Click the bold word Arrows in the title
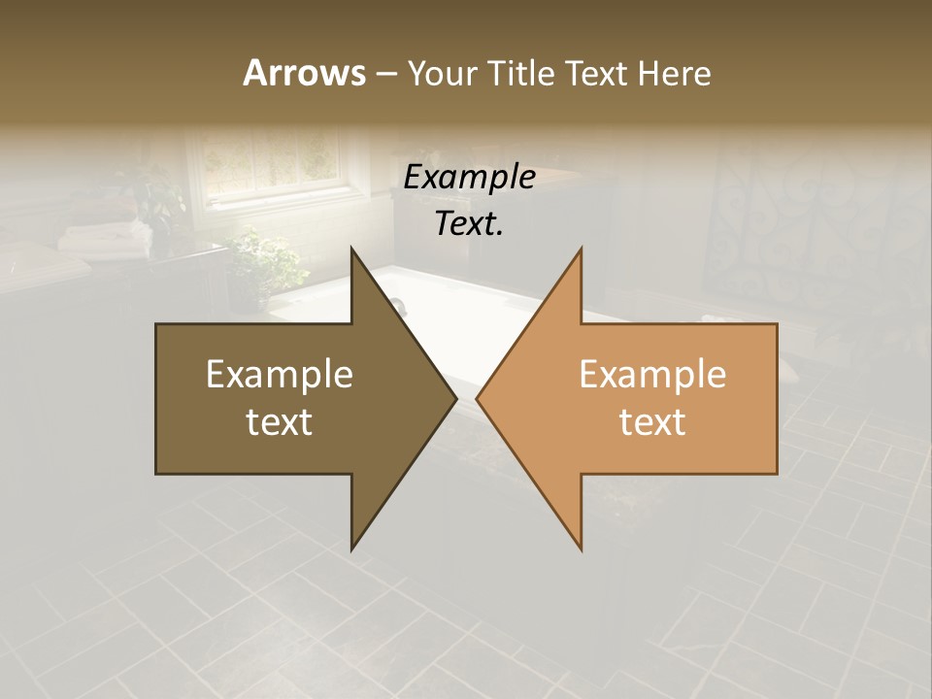(303, 73)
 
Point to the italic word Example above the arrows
(469, 178)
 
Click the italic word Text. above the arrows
(469, 224)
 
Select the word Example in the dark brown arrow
(280, 374)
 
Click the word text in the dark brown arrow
(280, 421)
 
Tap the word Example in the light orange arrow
(652, 374)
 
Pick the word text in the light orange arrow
(652, 421)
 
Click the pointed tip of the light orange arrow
(478, 398)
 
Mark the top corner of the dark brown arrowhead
(352, 250)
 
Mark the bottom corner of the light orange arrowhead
(581, 549)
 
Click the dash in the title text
(384, 74)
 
